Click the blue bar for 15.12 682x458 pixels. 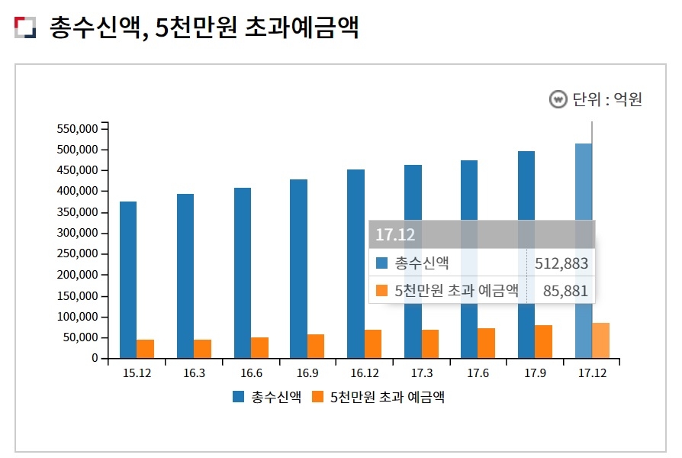(x=128, y=279)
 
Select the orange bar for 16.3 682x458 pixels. (x=202, y=349)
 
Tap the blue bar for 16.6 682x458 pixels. (x=243, y=273)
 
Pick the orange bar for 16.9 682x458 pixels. (x=316, y=346)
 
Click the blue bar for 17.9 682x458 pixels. (x=526, y=254)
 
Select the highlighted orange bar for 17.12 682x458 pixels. (x=601, y=340)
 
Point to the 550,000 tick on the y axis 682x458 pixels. (x=76, y=128)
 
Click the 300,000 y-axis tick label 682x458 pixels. (x=76, y=233)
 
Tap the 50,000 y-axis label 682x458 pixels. (x=79, y=337)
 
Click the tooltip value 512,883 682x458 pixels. (x=561, y=263)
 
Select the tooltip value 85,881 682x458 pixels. (x=565, y=291)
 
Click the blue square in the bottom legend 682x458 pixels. (x=239, y=397)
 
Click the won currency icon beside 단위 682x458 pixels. (x=558, y=99)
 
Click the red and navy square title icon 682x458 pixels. (x=25, y=27)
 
